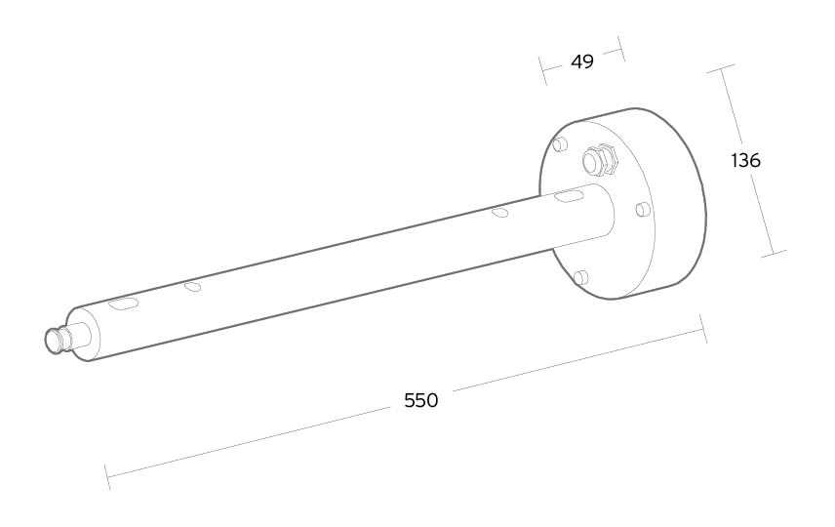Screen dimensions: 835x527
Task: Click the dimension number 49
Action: tap(582, 61)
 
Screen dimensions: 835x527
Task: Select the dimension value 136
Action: tap(746, 160)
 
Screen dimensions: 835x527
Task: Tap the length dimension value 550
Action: tap(420, 400)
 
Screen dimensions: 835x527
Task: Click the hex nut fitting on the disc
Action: tap(600, 159)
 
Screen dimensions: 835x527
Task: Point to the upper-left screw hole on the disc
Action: tap(560, 143)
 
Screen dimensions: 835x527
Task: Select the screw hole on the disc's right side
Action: tap(643, 210)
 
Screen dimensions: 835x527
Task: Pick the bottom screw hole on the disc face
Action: tap(581, 277)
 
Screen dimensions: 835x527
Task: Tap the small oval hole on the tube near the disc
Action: tap(499, 213)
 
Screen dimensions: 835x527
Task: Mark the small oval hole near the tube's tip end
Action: tap(192, 287)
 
